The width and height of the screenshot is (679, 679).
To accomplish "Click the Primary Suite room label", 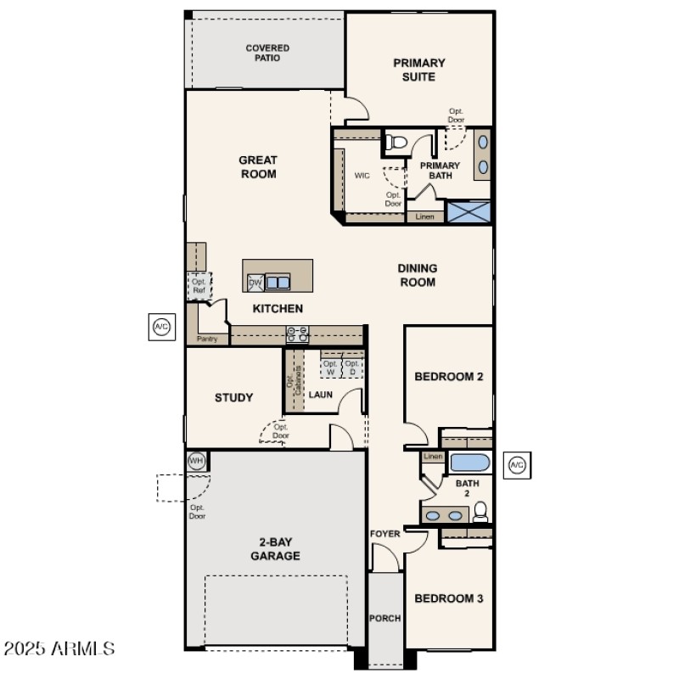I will (x=418, y=70).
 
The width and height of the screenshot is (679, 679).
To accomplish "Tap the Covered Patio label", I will (x=267, y=53).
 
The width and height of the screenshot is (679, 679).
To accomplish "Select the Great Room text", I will (x=257, y=167).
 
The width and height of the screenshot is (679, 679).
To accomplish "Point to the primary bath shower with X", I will (x=469, y=211).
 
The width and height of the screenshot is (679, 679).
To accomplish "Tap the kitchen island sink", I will (x=278, y=283).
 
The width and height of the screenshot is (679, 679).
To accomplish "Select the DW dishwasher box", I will (x=255, y=283).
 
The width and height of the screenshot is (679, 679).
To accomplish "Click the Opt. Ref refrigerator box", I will (x=199, y=286).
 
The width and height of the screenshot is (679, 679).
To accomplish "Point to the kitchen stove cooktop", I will (x=297, y=334).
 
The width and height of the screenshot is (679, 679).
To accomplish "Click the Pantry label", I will (x=207, y=339).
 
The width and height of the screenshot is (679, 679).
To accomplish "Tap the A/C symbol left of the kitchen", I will (x=161, y=326).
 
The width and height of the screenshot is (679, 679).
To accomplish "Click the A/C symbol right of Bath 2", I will (x=517, y=464).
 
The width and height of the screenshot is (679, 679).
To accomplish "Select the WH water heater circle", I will (x=197, y=461).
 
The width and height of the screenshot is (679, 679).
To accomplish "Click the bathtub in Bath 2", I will (x=469, y=463).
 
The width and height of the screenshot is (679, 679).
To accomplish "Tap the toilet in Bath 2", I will (x=480, y=511).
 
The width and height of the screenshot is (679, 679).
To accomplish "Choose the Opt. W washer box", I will (x=330, y=367).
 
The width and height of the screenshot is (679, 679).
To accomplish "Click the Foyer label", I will (x=384, y=534).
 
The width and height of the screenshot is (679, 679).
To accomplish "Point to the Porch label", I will (x=384, y=619).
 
